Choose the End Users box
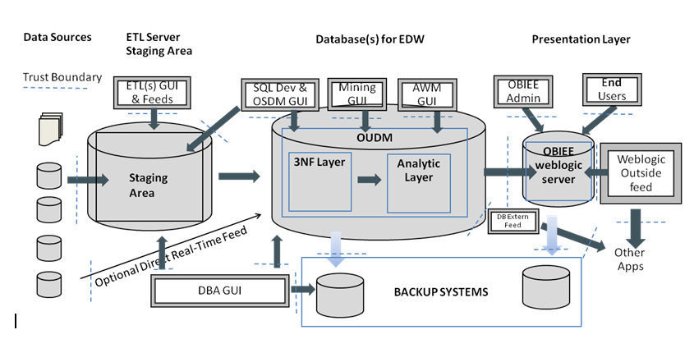[613, 90]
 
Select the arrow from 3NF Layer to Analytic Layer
[370, 179]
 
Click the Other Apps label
[631, 259]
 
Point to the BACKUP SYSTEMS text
[440, 291]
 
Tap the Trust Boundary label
[62, 78]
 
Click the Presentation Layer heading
[581, 39]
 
